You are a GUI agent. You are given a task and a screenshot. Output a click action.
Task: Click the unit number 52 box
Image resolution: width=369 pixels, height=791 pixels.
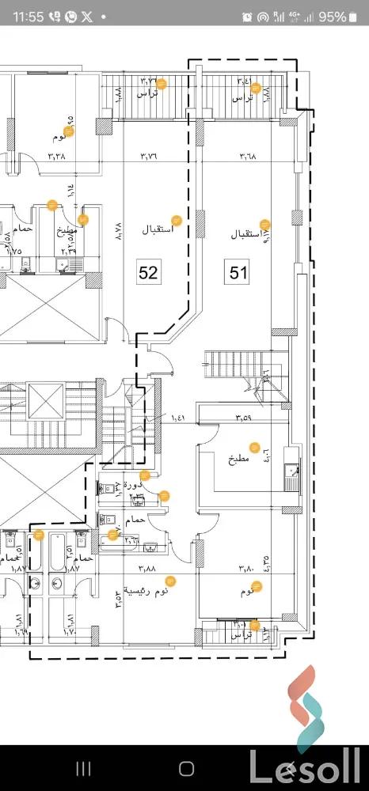tap(148, 273)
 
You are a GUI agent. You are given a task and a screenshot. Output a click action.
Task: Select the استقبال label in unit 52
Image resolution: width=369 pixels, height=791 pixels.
tap(157, 230)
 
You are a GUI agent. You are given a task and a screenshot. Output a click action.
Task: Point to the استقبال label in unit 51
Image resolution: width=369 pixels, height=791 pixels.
tap(245, 235)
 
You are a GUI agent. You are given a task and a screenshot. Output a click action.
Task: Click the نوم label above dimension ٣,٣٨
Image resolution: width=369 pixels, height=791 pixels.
tap(60, 137)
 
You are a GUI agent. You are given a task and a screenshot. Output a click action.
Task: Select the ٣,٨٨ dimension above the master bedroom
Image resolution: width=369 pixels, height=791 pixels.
tap(147, 568)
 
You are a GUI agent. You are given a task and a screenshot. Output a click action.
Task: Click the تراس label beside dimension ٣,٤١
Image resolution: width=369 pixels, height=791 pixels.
tap(242, 98)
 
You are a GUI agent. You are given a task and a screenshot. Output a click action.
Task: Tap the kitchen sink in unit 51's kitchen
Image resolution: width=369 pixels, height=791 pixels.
tap(290, 475)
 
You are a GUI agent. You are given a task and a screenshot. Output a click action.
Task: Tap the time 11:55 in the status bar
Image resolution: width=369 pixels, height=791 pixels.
tap(29, 17)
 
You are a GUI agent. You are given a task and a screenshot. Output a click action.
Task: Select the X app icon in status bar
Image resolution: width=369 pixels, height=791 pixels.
tap(87, 17)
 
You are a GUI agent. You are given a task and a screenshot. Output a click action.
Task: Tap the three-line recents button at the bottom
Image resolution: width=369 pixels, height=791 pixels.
tap(84, 768)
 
